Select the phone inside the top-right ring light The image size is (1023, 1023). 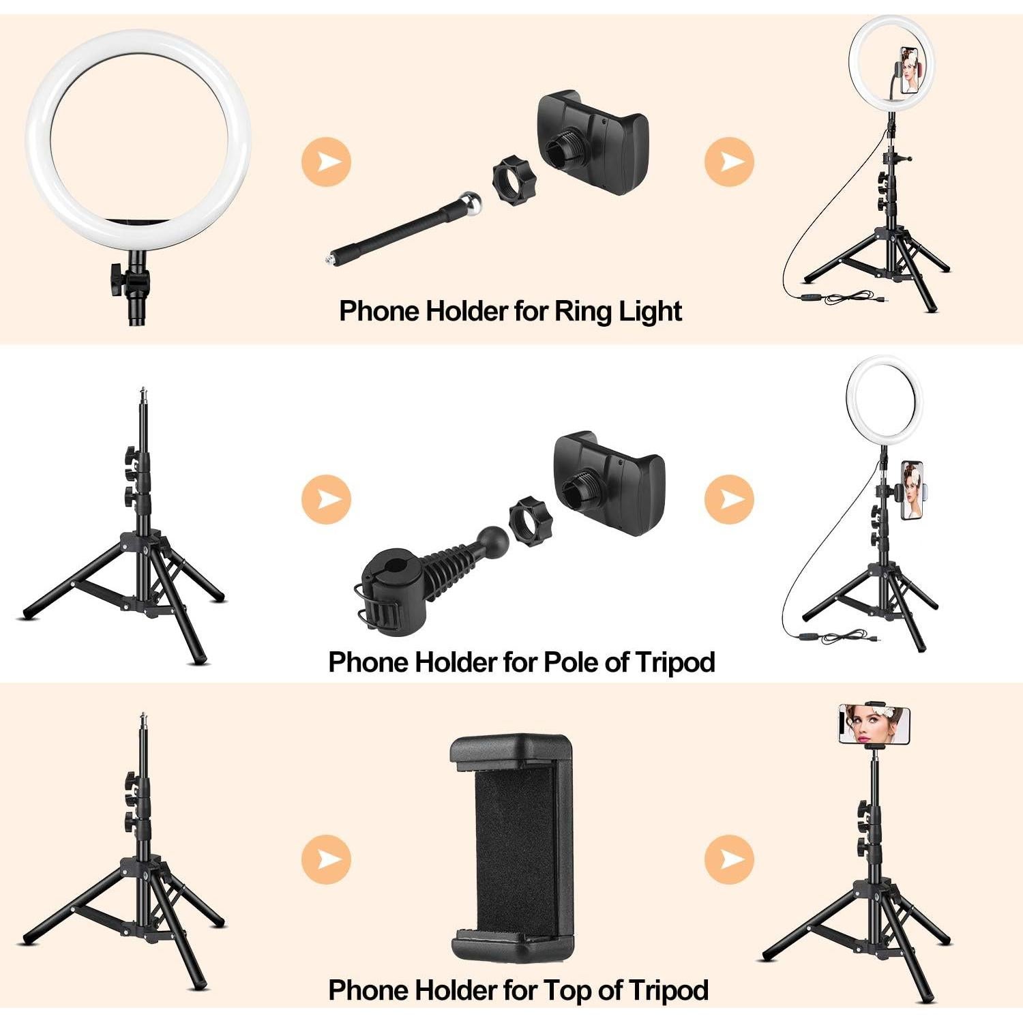909,70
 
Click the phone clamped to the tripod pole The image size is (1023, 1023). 912,490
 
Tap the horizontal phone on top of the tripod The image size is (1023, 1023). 874,725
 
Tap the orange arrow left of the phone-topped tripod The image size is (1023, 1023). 729,857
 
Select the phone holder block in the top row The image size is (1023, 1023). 591,143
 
